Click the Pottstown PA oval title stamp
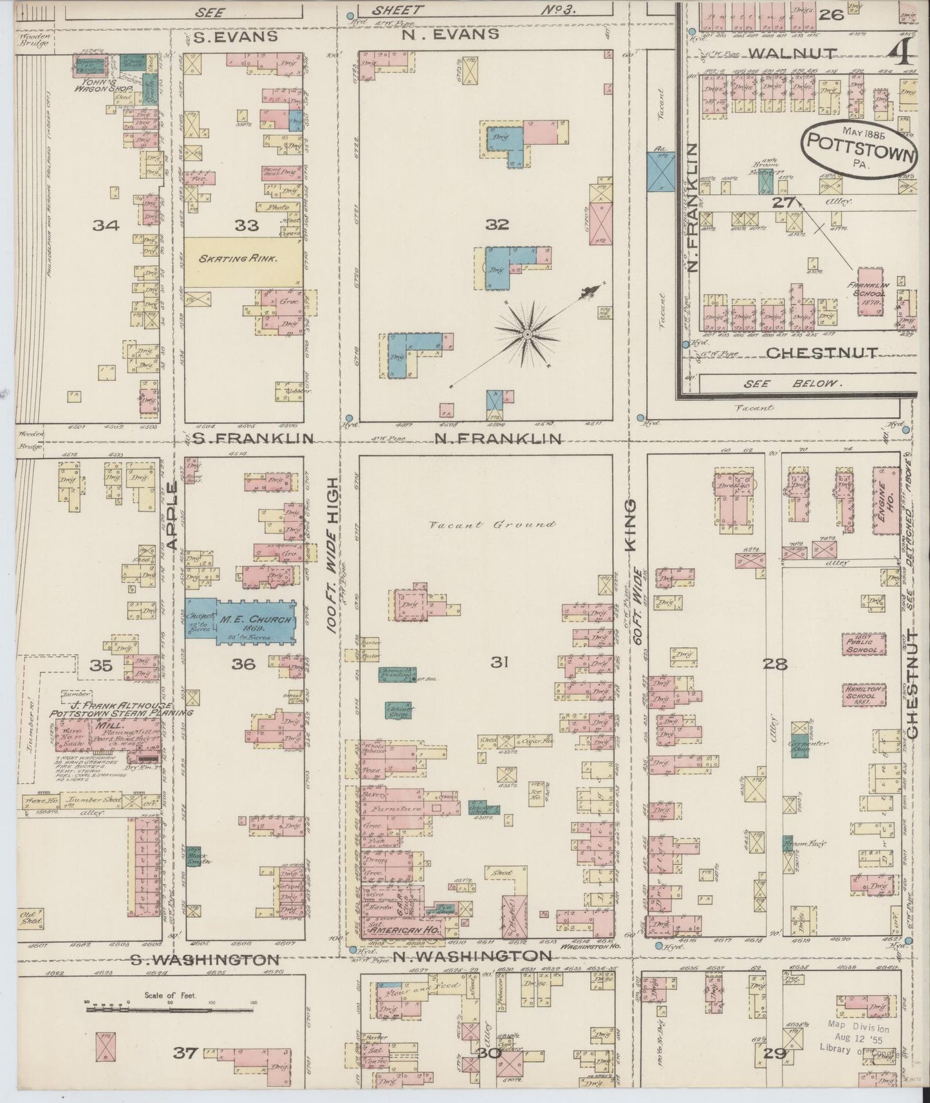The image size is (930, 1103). [859, 149]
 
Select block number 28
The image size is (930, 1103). [776, 664]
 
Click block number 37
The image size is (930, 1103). [185, 1053]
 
